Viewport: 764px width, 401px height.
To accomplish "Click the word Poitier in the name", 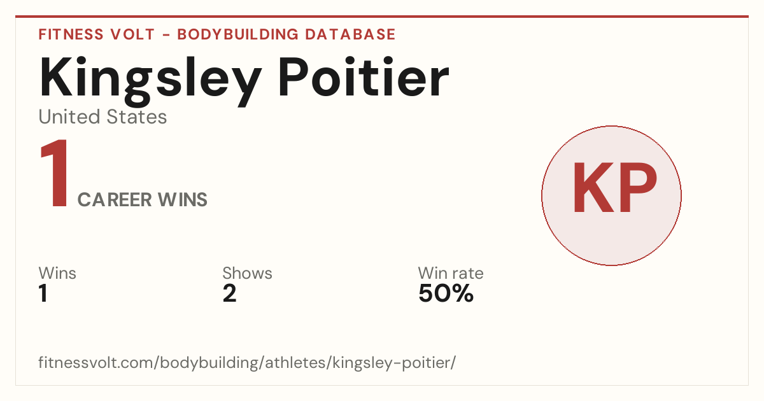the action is point(364,77).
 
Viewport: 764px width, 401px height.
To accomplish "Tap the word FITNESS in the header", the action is point(71,34).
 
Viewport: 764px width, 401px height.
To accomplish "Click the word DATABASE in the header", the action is point(350,34).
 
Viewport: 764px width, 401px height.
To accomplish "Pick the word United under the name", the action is point(69,116).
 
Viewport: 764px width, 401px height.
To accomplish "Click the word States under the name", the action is point(136,116).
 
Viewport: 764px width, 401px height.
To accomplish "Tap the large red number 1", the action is point(55,173).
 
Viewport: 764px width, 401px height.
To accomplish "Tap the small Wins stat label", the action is point(57,273).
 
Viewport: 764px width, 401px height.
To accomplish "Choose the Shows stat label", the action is point(247,273).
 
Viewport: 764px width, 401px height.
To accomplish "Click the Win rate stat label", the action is point(451,273).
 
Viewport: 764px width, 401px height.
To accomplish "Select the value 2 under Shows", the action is point(230,293).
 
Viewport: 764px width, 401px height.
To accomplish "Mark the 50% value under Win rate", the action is point(446,293).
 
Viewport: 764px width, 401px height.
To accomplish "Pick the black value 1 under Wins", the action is point(43,293).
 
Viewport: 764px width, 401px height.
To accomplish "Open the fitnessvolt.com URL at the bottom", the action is point(247,363).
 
